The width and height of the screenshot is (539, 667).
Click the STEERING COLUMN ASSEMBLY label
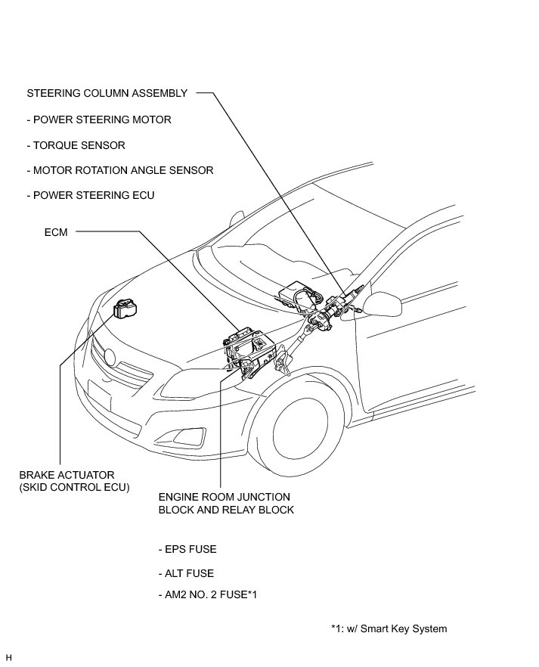tap(107, 94)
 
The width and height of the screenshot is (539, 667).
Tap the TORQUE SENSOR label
tap(76, 145)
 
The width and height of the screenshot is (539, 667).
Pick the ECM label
tap(56, 233)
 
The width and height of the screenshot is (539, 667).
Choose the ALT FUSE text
tap(186, 574)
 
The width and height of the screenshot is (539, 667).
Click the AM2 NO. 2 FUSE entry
tap(209, 594)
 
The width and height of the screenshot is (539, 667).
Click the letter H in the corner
tap(8, 656)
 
